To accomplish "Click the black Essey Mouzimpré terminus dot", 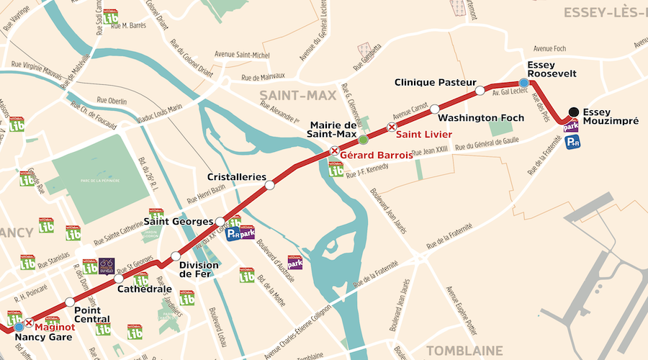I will pos(573,112).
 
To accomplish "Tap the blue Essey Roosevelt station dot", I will pos(523,84).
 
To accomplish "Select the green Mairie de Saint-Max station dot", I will pos(364,139).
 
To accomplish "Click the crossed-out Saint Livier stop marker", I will pos(392,127).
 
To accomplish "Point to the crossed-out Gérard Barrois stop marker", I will pos(334,150).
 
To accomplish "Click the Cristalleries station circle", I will pos(270,186).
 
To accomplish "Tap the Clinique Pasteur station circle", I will pos(480,91).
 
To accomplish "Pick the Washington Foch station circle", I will pos(434,109).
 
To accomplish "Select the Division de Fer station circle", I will pos(176,256).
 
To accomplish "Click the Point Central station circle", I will pos(69,302).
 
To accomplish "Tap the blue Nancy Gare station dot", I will pos(19,327).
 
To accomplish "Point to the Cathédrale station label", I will pos(144,289).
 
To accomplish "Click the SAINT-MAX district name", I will pos(289,95).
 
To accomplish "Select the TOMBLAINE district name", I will pos(464,350).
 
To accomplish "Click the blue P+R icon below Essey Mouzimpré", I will pos(573,143).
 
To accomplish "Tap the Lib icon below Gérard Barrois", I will pos(336,170).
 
